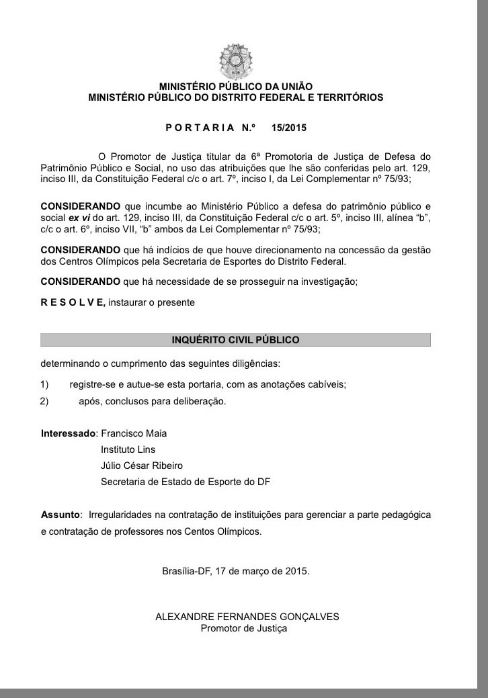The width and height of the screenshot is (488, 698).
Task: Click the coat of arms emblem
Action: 235,61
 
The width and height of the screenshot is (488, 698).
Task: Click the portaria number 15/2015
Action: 289,127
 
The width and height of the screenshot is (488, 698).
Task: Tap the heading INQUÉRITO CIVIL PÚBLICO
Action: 235,340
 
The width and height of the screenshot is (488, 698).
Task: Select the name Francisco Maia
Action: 134,433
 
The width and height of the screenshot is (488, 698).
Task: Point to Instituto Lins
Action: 128,449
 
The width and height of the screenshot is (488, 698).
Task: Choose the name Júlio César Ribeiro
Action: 141,465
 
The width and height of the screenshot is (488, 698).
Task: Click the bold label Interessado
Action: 69,433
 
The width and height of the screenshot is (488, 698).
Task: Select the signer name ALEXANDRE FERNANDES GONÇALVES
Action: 247,616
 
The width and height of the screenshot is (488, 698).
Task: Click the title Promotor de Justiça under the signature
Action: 243,628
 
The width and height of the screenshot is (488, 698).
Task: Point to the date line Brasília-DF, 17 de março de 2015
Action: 235,571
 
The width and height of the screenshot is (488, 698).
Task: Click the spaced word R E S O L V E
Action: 73,302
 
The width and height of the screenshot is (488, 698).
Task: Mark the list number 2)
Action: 44,402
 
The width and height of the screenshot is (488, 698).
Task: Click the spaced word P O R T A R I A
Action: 200,127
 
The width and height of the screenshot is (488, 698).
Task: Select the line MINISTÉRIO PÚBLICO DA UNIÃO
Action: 235,86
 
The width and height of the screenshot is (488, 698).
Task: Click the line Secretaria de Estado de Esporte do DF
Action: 185,481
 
